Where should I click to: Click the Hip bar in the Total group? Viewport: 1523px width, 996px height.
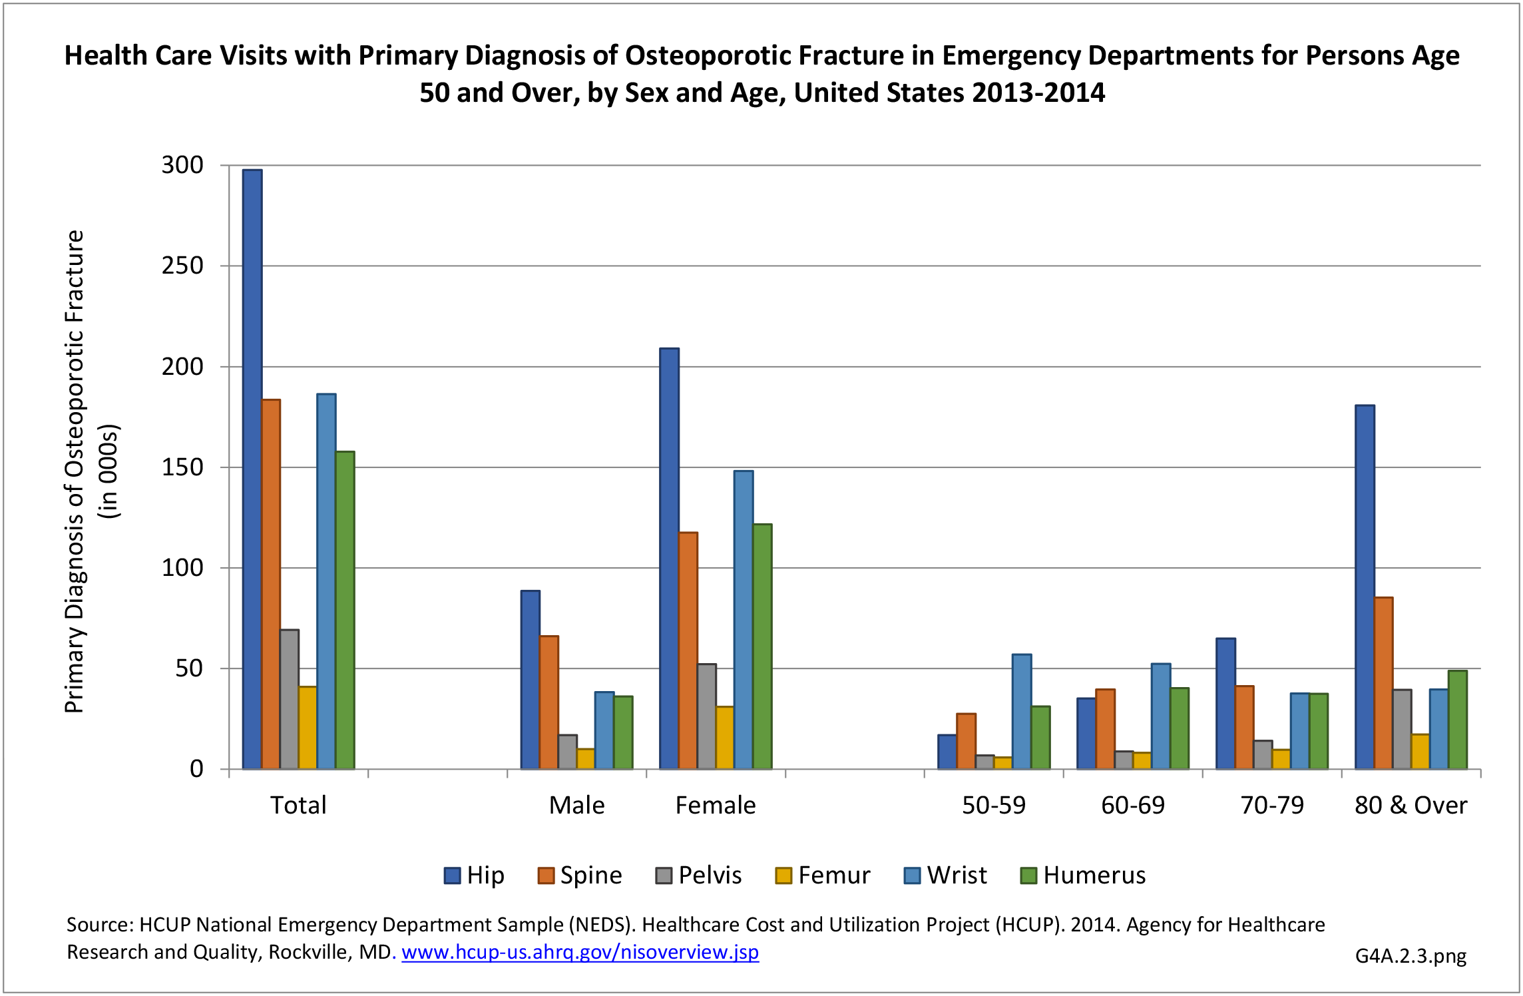[252, 469]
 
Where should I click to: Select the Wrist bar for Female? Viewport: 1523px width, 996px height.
[744, 620]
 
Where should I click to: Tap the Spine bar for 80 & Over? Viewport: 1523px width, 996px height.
[1383, 683]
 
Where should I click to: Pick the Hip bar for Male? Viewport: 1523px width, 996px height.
[531, 680]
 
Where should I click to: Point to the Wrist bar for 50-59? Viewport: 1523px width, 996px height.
[1022, 712]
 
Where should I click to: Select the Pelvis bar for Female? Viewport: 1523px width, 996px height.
[707, 716]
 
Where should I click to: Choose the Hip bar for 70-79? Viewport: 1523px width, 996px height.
[1225, 704]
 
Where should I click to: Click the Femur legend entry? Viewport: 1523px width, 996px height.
[823, 875]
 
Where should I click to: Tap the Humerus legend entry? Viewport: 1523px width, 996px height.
[1083, 875]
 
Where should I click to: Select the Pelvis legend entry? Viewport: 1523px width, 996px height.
[699, 875]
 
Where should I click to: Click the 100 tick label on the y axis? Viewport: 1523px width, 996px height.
[182, 568]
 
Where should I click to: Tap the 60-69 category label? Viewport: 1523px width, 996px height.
[1133, 806]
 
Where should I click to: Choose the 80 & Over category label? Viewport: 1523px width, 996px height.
[1411, 806]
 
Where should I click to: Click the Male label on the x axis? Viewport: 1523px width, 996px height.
[576, 806]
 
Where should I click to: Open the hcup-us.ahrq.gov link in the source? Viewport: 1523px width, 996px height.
[580, 952]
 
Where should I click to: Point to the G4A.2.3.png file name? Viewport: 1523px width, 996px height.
[1411, 956]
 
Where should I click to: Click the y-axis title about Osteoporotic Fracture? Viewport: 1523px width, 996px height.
[75, 471]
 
